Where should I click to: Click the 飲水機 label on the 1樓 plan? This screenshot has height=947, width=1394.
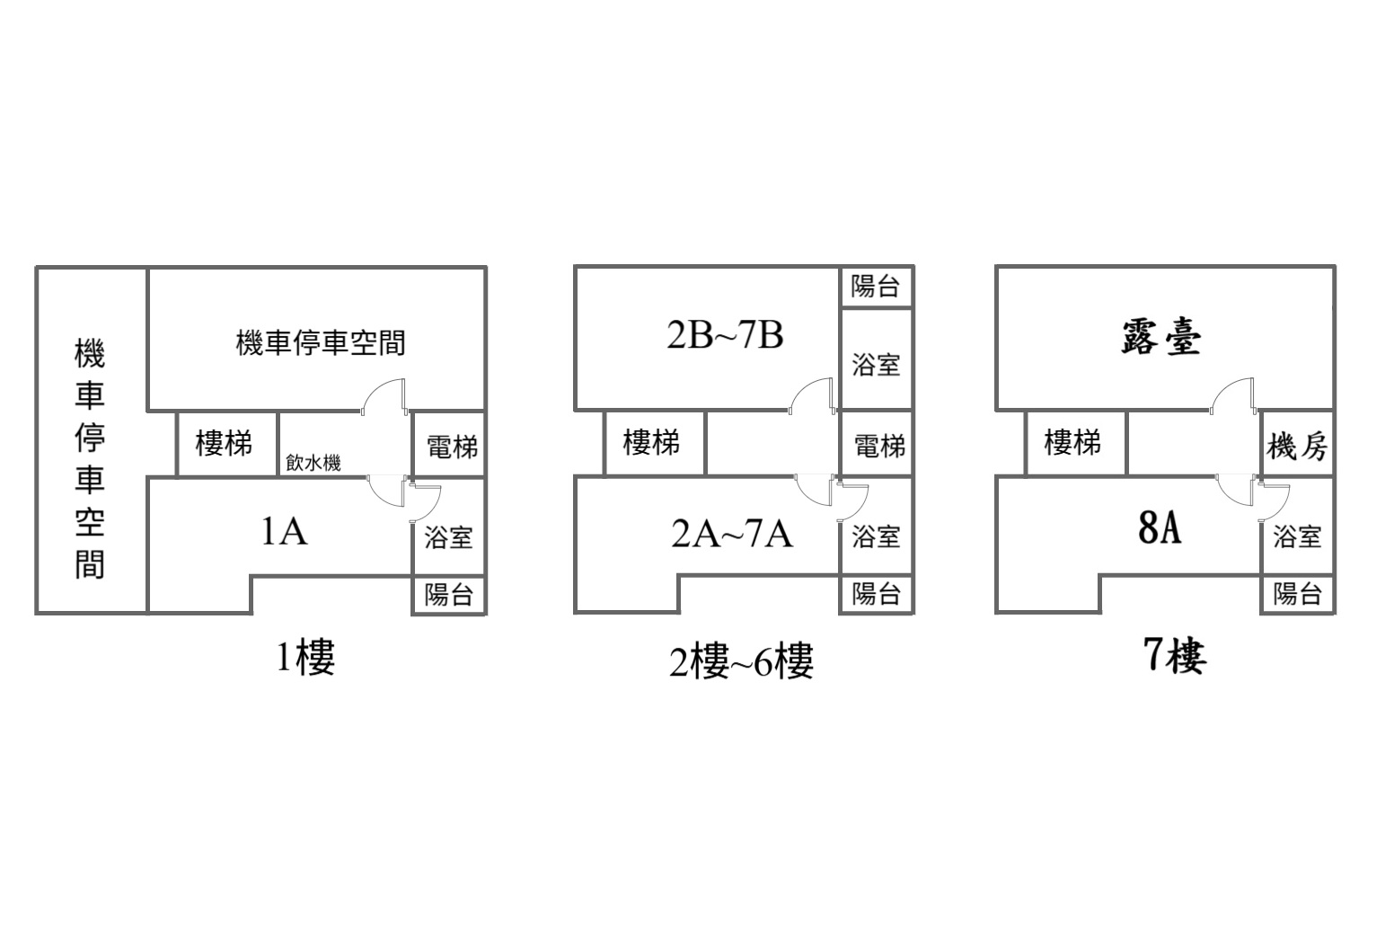(x=313, y=463)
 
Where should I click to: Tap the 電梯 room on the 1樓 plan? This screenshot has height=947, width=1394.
(x=449, y=445)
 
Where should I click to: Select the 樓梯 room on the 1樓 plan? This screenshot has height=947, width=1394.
(x=227, y=445)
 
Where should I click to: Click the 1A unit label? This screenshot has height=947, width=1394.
(x=285, y=532)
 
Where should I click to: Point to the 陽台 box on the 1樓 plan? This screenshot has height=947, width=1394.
(x=449, y=595)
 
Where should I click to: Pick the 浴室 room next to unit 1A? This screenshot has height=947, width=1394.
(x=449, y=527)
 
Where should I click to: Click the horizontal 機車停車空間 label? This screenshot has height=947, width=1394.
(x=321, y=342)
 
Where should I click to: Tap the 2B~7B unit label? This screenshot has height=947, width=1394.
(x=725, y=335)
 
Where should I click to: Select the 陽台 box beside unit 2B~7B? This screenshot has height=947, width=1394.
(x=877, y=287)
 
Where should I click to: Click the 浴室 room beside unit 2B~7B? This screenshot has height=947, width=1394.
(x=877, y=358)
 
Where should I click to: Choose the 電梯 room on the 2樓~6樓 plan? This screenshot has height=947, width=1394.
(x=877, y=444)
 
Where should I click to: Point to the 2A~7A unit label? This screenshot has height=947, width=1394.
(x=732, y=534)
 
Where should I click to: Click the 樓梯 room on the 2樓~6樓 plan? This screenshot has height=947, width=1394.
(x=655, y=443)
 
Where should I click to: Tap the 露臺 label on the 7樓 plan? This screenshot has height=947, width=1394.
(x=1161, y=338)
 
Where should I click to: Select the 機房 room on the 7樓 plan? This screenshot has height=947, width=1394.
(x=1298, y=444)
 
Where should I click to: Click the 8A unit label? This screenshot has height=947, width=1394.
(x=1160, y=528)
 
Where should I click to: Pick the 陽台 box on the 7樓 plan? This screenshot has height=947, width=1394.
(x=1298, y=594)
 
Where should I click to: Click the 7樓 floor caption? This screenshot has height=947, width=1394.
(x=1176, y=656)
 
